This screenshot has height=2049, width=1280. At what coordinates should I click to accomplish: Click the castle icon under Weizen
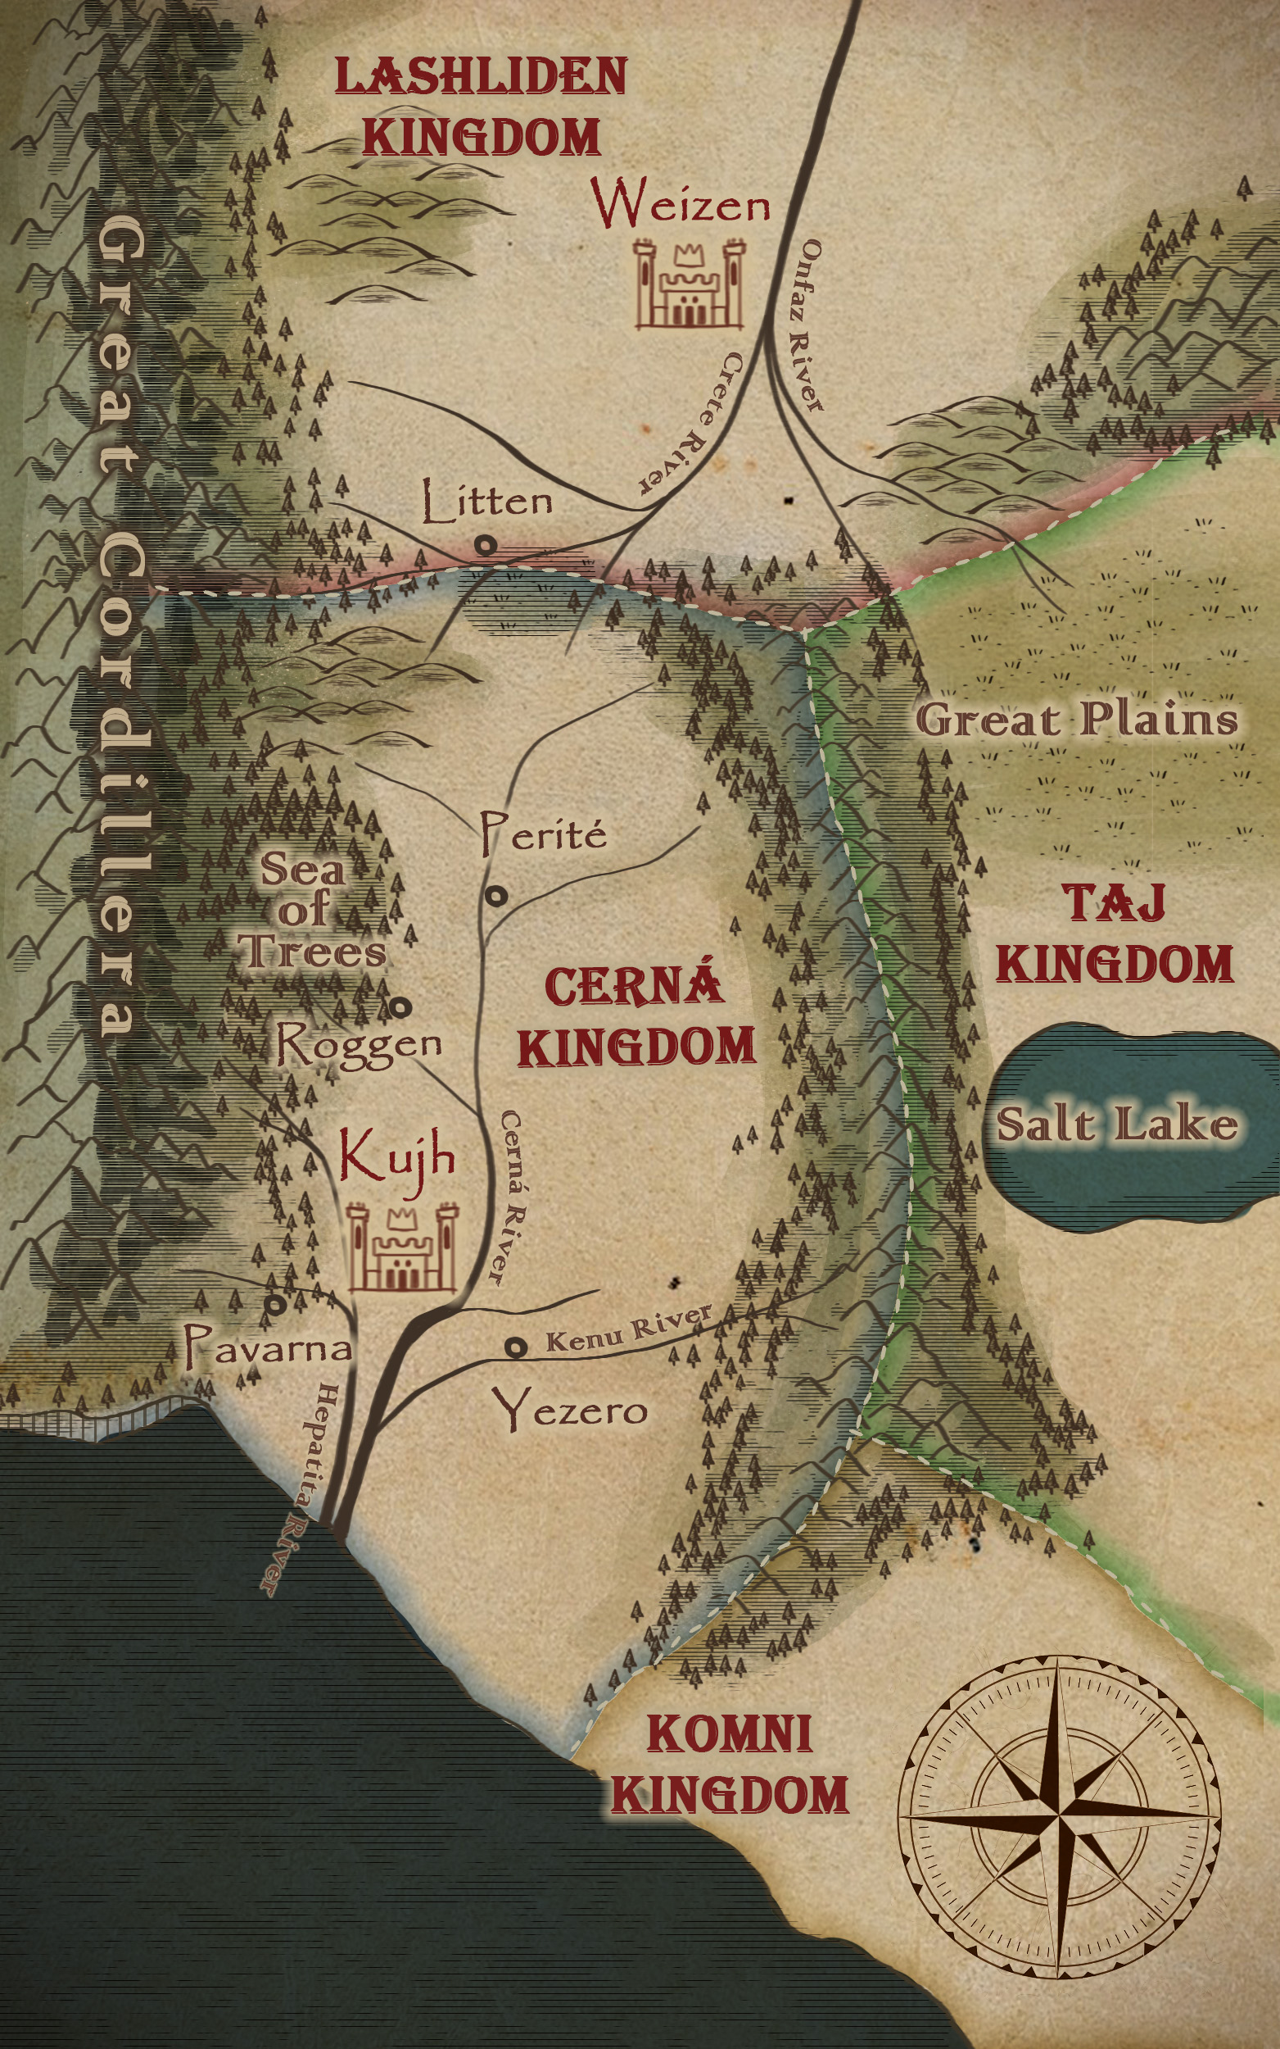[689, 284]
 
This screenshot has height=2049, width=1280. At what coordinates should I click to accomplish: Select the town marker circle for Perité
[496, 895]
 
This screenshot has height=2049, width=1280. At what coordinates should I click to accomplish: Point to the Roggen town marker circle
[401, 1007]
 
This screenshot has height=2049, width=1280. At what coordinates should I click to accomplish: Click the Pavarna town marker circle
[275, 1305]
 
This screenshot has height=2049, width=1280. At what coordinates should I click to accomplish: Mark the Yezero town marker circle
[516, 1347]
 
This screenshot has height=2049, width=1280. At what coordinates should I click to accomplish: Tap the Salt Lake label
[1115, 1124]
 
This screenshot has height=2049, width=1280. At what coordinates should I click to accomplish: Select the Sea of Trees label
[309, 911]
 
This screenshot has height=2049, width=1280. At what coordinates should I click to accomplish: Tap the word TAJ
[1114, 903]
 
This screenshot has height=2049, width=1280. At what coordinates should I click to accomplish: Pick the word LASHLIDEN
[481, 77]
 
